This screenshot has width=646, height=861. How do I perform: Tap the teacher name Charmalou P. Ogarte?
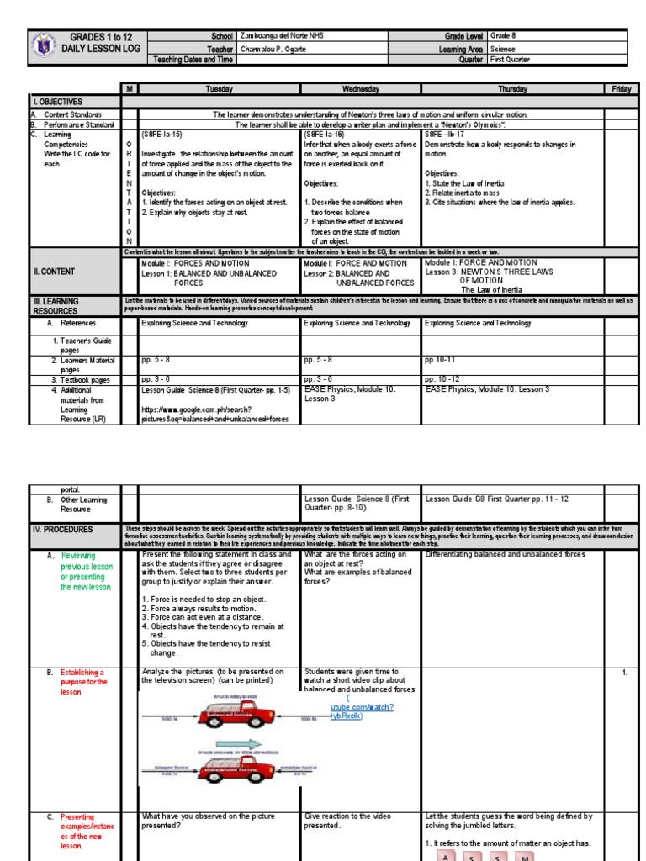pyautogui.click(x=274, y=49)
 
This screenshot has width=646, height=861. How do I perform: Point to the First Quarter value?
pyautogui.click(x=515, y=60)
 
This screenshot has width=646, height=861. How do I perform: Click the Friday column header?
pyautogui.click(x=622, y=88)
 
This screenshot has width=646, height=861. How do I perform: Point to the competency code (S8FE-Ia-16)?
pyautogui.click(x=325, y=134)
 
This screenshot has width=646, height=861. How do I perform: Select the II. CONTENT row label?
pyautogui.click(x=54, y=272)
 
